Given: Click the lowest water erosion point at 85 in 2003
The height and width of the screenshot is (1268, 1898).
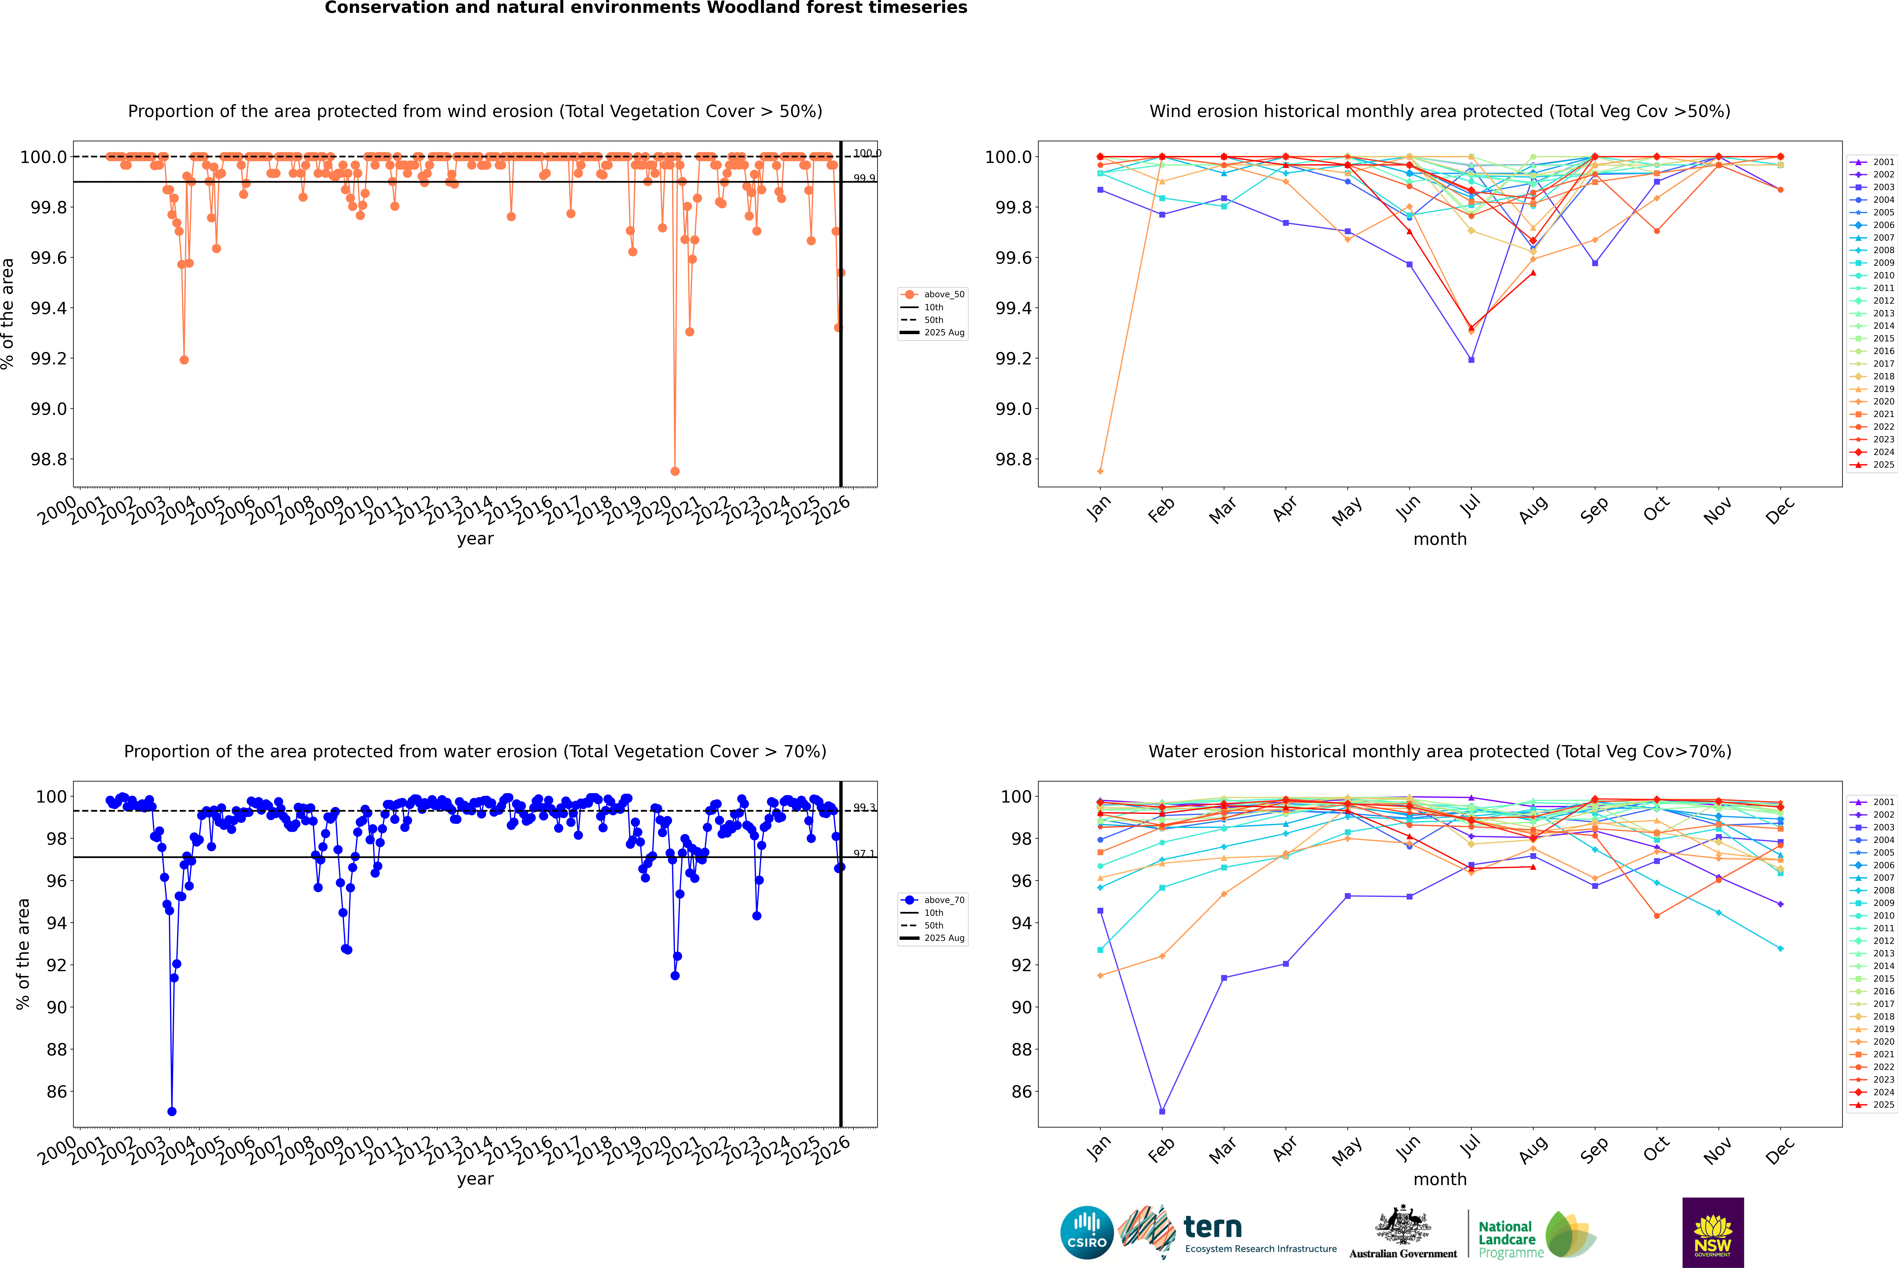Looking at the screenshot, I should click(x=171, y=1111).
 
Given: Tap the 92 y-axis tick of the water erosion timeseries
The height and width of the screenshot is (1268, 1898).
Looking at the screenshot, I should click(x=57, y=965).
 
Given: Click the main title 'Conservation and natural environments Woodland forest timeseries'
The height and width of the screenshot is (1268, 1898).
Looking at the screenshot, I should click(x=646, y=8).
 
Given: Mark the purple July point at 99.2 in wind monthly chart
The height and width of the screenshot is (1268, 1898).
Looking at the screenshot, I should click(x=1471, y=360).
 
